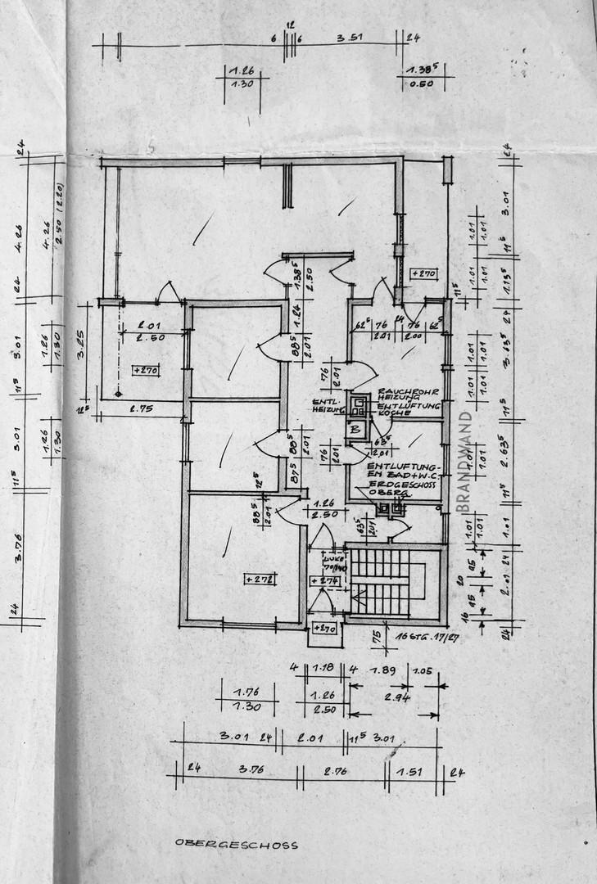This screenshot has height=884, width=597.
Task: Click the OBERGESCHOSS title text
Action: tap(237, 845)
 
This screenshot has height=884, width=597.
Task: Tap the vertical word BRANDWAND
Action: tap(464, 462)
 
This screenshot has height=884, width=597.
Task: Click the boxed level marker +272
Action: tap(260, 579)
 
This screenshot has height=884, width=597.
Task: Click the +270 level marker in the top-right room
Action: tap(423, 273)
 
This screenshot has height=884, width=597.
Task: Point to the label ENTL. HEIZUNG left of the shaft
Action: tap(327, 406)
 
